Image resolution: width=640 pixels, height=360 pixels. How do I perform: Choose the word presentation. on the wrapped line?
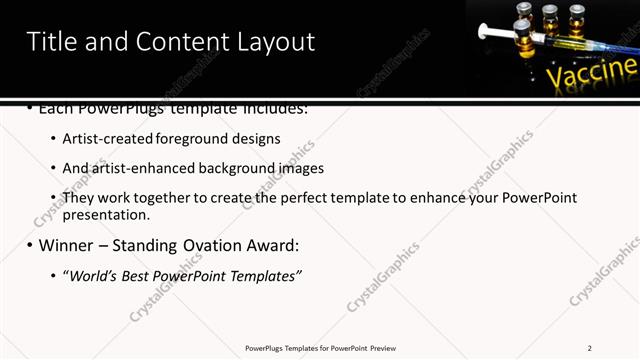106,214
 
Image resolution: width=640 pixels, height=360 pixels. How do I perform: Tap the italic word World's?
90,275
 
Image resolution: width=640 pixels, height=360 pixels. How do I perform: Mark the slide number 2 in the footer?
590,348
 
